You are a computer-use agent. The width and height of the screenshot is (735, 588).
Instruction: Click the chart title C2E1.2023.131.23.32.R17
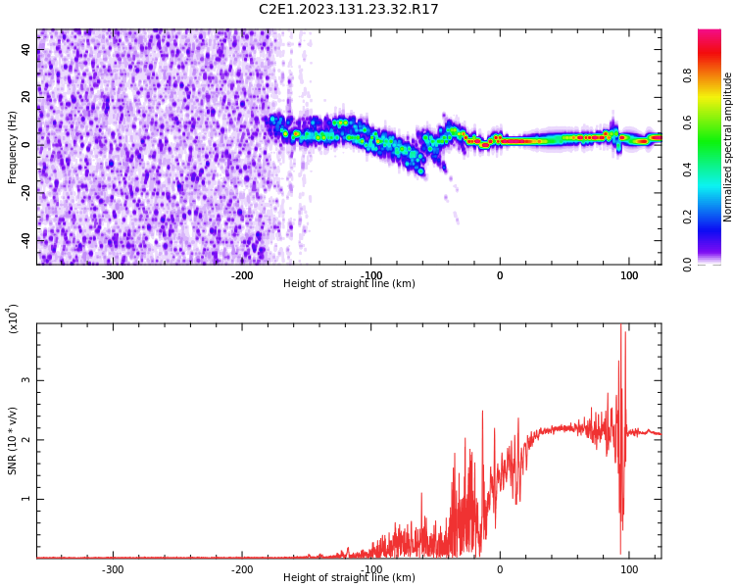(348, 10)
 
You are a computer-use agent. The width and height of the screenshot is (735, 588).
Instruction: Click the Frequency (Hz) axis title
(13, 147)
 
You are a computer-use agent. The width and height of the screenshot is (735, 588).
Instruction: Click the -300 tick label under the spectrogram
(113, 275)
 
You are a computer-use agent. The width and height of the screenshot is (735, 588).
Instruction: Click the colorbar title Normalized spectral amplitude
(728, 147)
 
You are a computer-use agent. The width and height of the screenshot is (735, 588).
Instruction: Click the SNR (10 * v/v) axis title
(13, 441)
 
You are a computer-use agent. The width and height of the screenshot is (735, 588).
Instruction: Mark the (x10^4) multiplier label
(13, 318)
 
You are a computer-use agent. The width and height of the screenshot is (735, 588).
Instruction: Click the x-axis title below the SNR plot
(349, 578)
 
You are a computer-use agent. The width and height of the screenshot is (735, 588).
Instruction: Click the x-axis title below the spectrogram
(349, 284)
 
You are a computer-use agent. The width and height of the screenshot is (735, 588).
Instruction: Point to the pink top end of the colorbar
(710, 34)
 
